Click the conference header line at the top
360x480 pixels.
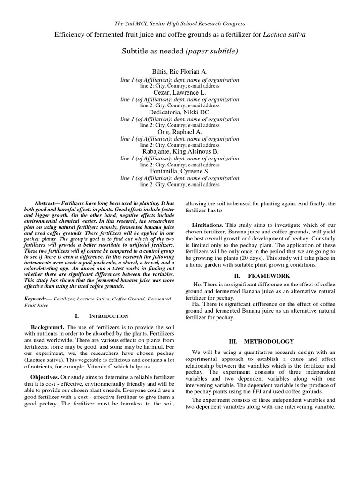pos(180,23)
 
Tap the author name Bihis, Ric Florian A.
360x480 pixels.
pos(180,71)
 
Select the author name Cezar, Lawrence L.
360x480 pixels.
pos(180,93)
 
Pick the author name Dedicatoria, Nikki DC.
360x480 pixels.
pos(180,112)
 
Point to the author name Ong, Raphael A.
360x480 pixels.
pos(180,132)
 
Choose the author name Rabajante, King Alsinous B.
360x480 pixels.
pos(180,152)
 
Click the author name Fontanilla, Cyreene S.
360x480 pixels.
pos(180,172)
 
